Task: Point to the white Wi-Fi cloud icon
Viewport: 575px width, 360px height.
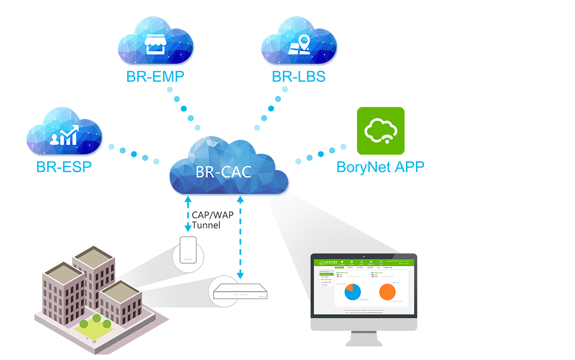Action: coord(381,131)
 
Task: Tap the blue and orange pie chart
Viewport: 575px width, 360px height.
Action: coord(353,292)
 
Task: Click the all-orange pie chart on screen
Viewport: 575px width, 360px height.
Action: coord(387,292)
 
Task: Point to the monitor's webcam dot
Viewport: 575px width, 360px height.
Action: coord(363,256)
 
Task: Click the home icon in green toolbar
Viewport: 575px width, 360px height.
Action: coord(342,262)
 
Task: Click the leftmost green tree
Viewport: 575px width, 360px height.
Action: coord(83,324)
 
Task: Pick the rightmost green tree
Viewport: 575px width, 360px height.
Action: coord(107,324)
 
